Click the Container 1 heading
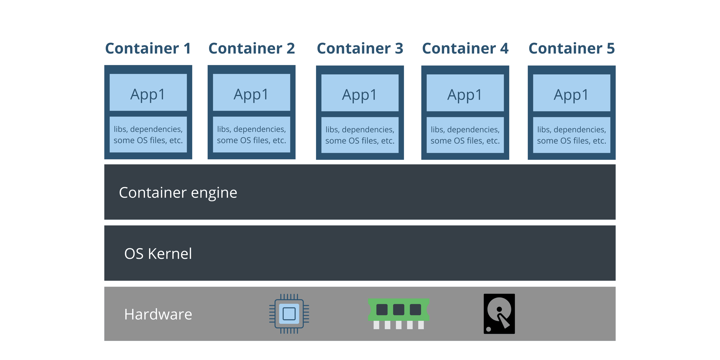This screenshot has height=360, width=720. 148,49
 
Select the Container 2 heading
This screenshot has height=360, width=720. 252,49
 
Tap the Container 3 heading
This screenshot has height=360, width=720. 360,49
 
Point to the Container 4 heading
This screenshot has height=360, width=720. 465,49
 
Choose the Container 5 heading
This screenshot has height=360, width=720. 571,49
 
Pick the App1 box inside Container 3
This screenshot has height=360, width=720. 360,93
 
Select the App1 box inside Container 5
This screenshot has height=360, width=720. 571,93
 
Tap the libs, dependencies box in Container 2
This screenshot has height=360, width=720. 252,134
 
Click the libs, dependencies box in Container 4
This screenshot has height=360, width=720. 465,135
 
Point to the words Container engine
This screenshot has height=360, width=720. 178,193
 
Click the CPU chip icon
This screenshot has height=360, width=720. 289,314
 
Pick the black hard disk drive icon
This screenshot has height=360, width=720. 499,314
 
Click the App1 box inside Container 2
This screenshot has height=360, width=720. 252,93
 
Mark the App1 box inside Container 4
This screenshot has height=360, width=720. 465,93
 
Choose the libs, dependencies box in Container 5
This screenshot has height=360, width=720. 571,135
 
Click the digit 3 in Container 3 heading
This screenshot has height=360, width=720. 399,49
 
